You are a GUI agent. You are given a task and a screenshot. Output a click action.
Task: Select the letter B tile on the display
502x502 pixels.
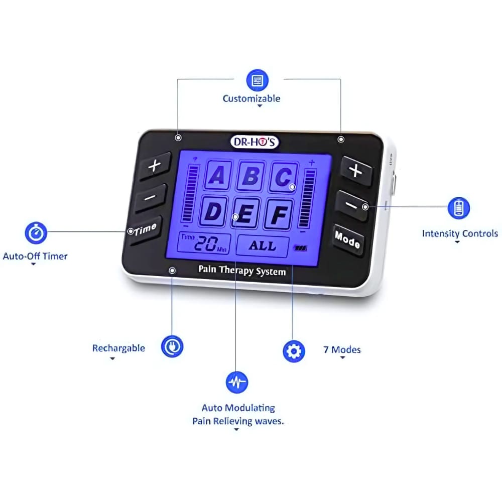tap(250, 176)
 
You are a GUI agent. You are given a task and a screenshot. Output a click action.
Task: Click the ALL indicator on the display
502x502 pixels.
tap(263, 246)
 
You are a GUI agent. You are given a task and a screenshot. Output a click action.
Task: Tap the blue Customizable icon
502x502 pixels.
tap(257, 80)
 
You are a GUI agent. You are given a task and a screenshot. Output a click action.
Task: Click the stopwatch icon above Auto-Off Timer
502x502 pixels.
tap(36, 233)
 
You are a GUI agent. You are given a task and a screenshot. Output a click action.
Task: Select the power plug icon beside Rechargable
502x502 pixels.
tap(172, 346)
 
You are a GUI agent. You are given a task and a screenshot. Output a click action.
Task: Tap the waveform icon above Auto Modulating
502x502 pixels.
tap(236, 383)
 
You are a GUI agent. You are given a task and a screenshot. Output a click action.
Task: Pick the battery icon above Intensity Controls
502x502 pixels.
tap(458, 208)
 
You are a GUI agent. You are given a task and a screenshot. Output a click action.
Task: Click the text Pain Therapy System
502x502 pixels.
tap(242, 271)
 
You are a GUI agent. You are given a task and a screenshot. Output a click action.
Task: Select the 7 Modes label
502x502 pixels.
tap(342, 349)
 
